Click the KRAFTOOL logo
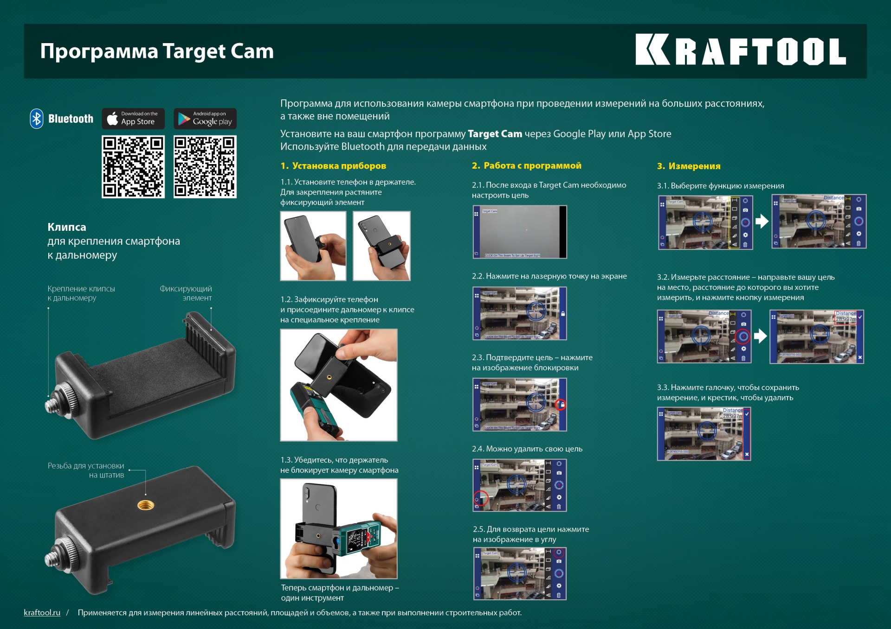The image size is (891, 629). (741, 50)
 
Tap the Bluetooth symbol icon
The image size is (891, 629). (37, 119)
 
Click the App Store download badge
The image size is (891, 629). (133, 119)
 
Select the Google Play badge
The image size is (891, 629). (205, 119)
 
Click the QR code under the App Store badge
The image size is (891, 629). (133, 167)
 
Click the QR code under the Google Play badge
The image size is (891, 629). (205, 167)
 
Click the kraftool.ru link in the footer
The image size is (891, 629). (42, 612)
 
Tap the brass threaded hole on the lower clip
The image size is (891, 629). (146, 505)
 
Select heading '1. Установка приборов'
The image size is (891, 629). (333, 166)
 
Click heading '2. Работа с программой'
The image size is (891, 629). (526, 165)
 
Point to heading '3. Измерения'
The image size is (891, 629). (689, 166)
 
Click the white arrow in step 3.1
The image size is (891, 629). (762, 221)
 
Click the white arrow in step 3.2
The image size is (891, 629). (760, 336)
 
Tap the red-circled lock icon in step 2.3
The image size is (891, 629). (561, 405)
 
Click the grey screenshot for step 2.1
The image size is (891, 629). (519, 232)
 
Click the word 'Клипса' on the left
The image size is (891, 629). (67, 227)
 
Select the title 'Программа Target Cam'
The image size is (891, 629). (157, 51)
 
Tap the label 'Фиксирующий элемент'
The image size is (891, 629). (186, 293)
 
